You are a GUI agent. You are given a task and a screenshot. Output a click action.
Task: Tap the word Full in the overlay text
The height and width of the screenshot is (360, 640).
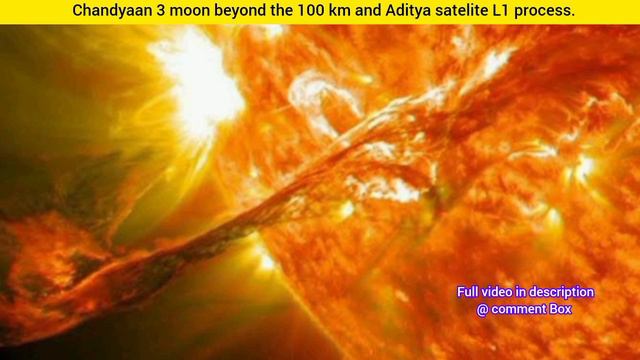[x=469, y=292]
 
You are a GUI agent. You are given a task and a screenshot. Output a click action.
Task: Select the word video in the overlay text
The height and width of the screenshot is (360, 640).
[x=502, y=292]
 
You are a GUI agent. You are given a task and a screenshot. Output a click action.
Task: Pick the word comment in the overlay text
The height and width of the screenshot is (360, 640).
[x=522, y=309]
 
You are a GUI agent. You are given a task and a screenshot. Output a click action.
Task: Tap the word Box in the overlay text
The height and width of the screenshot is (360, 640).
[x=563, y=309]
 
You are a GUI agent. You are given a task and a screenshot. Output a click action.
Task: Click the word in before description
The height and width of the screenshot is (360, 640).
[x=527, y=292]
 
